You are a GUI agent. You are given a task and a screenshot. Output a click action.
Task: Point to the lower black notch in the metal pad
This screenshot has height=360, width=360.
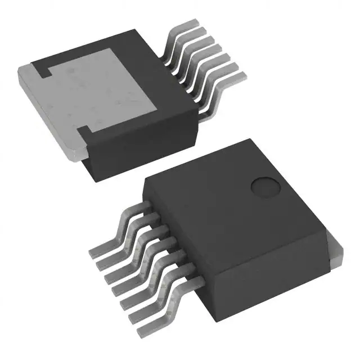point(83,134)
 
